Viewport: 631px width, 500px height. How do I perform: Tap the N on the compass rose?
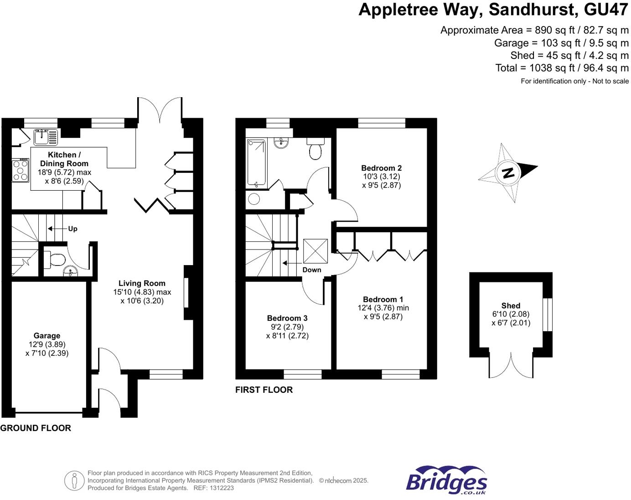tap(508, 173)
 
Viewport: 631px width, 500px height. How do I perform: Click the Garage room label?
tap(47, 336)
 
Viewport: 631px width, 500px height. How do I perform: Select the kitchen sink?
tap(45, 136)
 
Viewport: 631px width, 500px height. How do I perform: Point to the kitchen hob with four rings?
tap(20, 170)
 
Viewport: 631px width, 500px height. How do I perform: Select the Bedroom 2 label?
tap(381, 168)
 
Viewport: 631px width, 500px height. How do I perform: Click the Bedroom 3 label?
tap(287, 318)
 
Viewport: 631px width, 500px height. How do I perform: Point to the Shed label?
tap(511, 306)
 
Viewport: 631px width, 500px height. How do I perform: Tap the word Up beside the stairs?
tap(72, 229)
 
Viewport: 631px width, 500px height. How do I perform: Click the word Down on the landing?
tap(312, 270)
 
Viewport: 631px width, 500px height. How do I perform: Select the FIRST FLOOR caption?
tap(264, 390)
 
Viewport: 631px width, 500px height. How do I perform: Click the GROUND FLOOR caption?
tap(36, 428)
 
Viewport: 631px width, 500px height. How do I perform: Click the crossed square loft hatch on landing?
tap(315, 250)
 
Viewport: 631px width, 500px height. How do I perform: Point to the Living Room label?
tap(142, 283)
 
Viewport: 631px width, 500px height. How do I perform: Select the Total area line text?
tap(562, 68)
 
